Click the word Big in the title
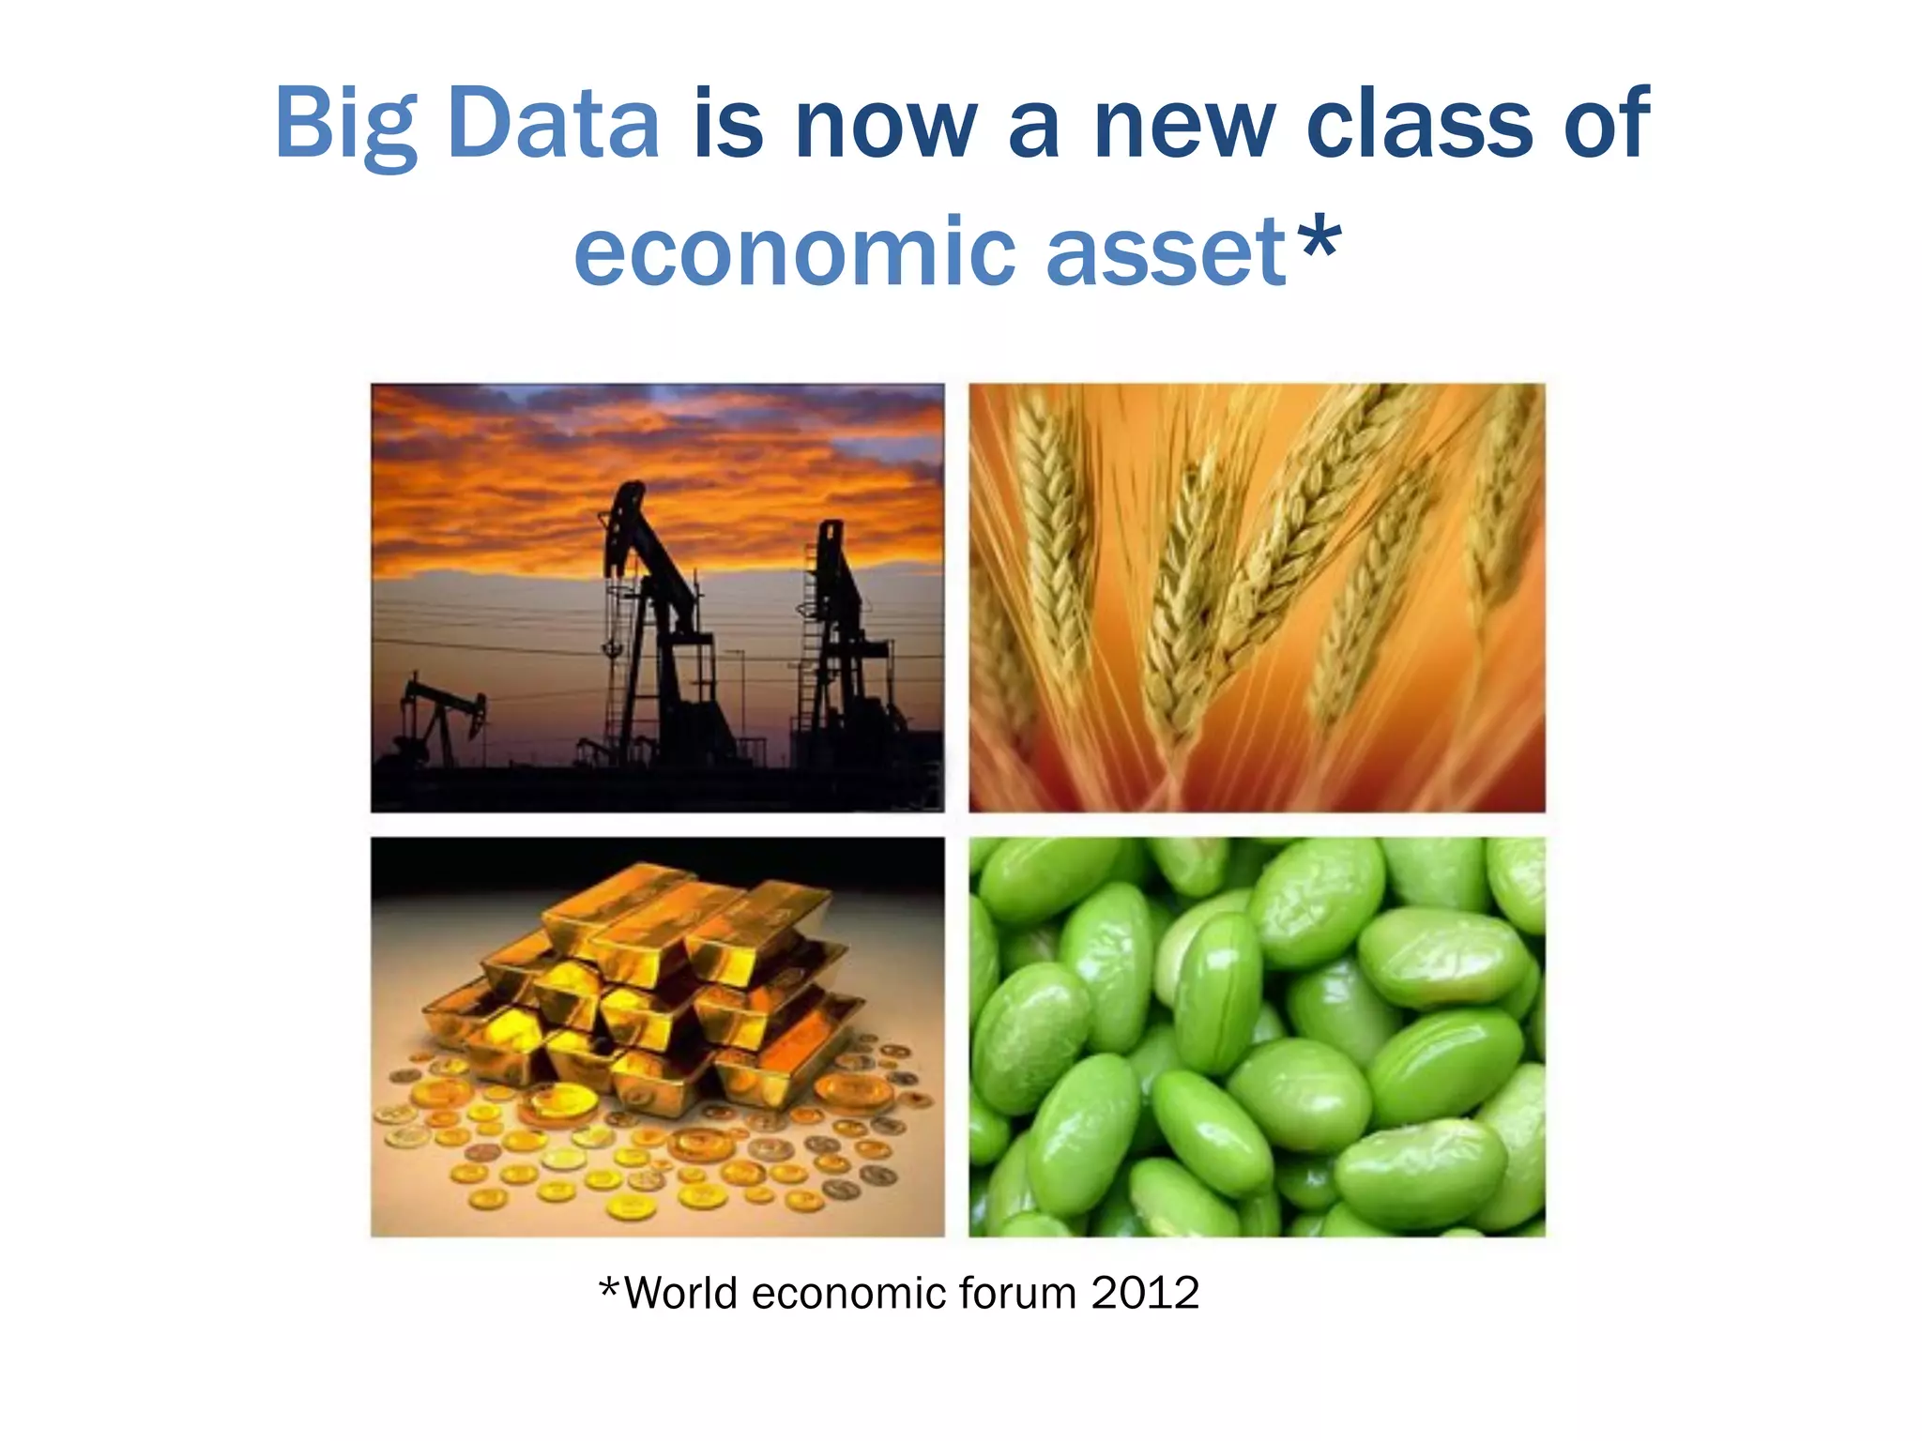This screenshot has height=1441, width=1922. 346,125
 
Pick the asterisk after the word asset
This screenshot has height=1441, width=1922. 1319,239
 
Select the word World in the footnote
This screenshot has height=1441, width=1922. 680,1293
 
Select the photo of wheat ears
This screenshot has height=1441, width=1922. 1257,598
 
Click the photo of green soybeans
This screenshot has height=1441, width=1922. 1257,1037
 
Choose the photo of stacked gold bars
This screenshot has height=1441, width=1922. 657,1037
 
